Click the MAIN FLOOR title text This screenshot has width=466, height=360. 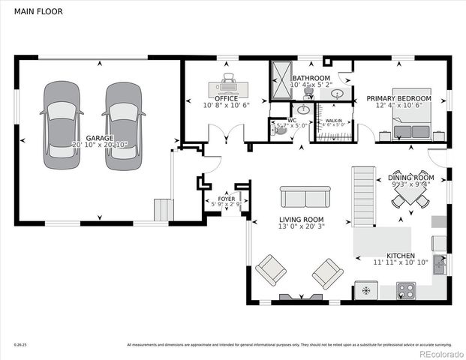tap(35, 12)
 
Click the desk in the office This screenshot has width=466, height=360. tap(227, 82)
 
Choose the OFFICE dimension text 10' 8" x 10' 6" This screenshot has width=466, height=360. tap(227, 106)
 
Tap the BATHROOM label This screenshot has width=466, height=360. tap(311, 78)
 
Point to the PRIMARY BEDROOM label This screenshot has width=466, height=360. tap(398, 99)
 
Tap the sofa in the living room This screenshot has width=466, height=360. tap(303, 196)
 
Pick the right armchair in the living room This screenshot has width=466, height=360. tap(327, 273)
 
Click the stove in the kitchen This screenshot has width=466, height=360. tap(406, 290)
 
